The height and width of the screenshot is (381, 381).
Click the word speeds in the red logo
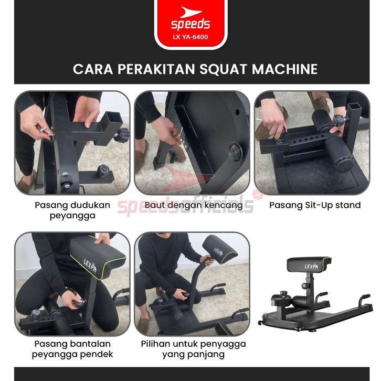[190, 25]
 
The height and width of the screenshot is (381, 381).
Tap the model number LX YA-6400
[190, 37]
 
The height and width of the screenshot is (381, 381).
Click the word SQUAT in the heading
[224, 69]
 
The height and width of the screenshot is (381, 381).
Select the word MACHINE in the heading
[284, 69]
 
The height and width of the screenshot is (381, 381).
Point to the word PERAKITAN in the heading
[156, 69]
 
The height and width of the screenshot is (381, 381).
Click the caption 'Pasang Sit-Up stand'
[315, 205]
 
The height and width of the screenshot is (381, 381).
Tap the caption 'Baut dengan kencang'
[194, 205]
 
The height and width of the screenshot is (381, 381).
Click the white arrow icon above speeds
[191, 13]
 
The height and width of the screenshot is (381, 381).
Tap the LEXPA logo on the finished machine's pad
[311, 267]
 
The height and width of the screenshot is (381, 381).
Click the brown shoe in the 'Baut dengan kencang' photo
[141, 155]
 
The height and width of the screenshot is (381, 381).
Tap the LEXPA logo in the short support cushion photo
[90, 266]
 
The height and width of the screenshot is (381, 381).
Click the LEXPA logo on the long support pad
[218, 252]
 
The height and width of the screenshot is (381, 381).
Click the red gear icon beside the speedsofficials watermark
[258, 195]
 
